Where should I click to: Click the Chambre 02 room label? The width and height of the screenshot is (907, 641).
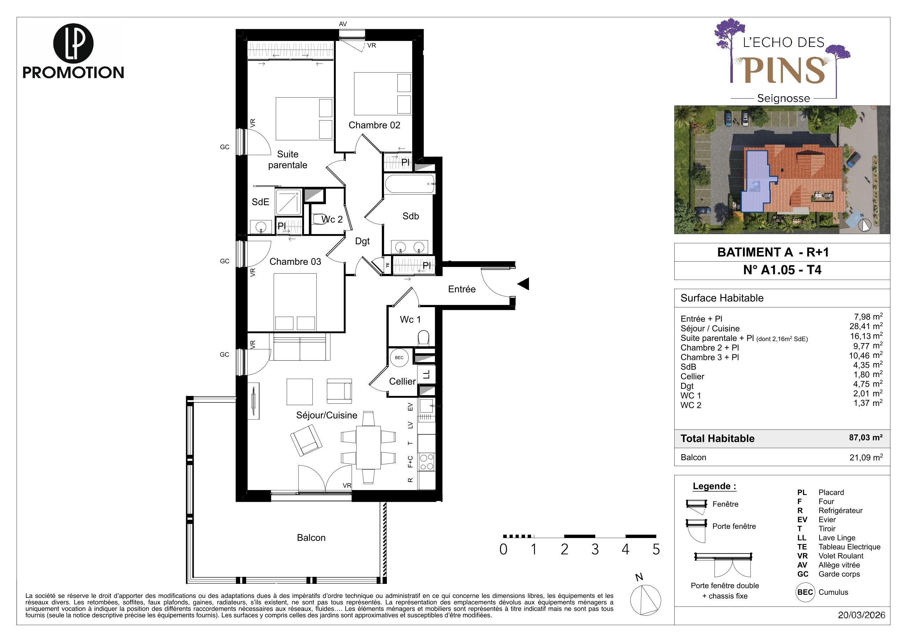coord(374,125)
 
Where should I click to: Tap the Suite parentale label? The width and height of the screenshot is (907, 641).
coord(288,160)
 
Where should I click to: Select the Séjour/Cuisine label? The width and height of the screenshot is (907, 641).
coord(327,415)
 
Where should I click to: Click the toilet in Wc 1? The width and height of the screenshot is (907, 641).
coord(424,338)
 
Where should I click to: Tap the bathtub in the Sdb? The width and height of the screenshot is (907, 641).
coord(410,184)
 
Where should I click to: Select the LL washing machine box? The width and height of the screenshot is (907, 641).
coord(426,374)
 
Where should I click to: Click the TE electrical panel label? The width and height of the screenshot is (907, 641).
coord(388,265)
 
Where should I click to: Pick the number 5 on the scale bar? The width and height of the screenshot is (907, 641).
coord(656,549)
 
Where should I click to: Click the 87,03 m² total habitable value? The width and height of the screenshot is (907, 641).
coord(866,438)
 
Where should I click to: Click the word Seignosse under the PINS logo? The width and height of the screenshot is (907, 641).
coord(784,98)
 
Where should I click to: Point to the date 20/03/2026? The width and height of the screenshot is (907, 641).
coord(862,615)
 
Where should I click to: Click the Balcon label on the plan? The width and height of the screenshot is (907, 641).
coord(311,538)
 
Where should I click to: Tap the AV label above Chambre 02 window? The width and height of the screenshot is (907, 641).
coord(343,24)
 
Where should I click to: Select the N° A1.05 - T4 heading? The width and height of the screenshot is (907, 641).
coord(782,270)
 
